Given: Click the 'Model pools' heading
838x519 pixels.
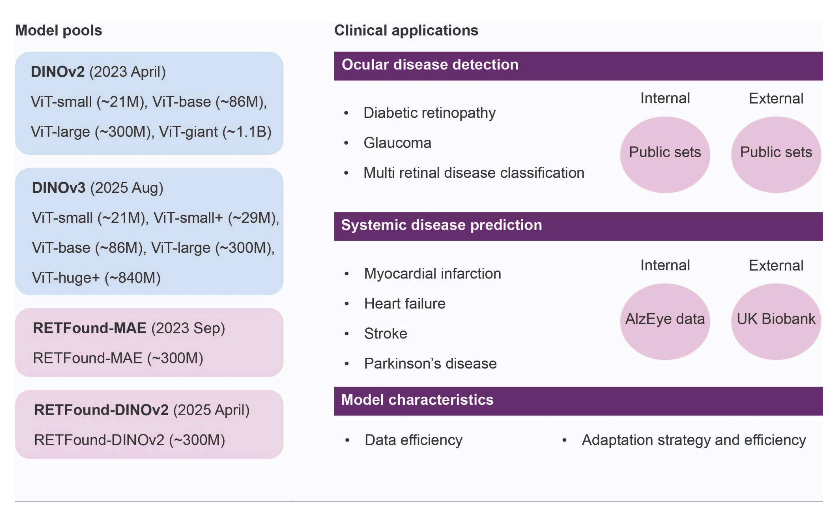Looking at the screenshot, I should pos(59,31).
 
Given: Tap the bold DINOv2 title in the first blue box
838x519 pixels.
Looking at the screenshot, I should pos(58,72).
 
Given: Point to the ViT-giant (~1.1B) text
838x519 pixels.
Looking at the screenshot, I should pos(215,132).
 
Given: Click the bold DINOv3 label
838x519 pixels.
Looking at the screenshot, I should pos(59,188).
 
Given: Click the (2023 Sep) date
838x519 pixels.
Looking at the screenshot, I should pos(188,328).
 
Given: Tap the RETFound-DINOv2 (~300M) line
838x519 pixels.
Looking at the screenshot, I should pos(129,440).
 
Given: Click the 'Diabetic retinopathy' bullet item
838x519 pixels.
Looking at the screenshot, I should pos(429,113).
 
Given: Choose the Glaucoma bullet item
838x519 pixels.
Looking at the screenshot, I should pos(397,143).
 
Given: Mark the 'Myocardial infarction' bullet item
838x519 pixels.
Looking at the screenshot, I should pos(432,274).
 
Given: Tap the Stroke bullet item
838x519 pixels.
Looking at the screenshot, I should pos(386,334).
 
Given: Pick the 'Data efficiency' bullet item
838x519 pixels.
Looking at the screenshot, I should pos(413,440).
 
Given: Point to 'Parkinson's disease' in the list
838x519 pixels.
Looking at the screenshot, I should pos(430,364).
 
